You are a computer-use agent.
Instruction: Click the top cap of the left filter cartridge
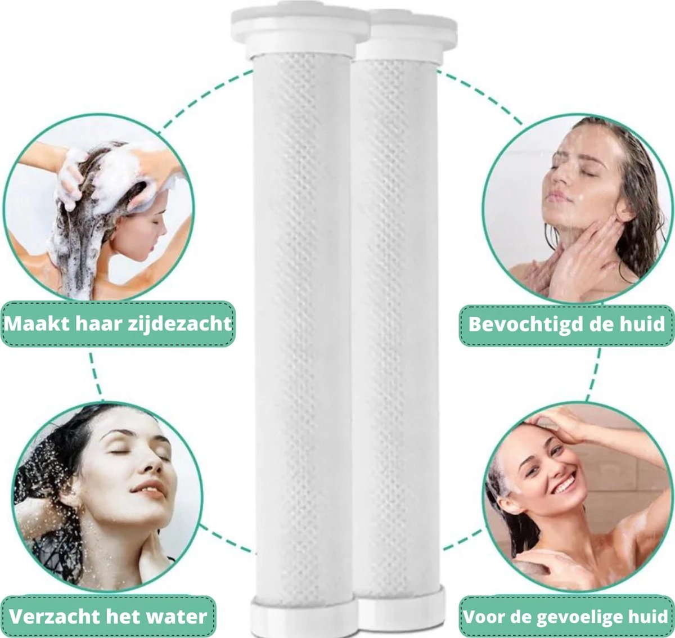(x=299, y=31)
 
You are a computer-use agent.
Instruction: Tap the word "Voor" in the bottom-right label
(x=481, y=617)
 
